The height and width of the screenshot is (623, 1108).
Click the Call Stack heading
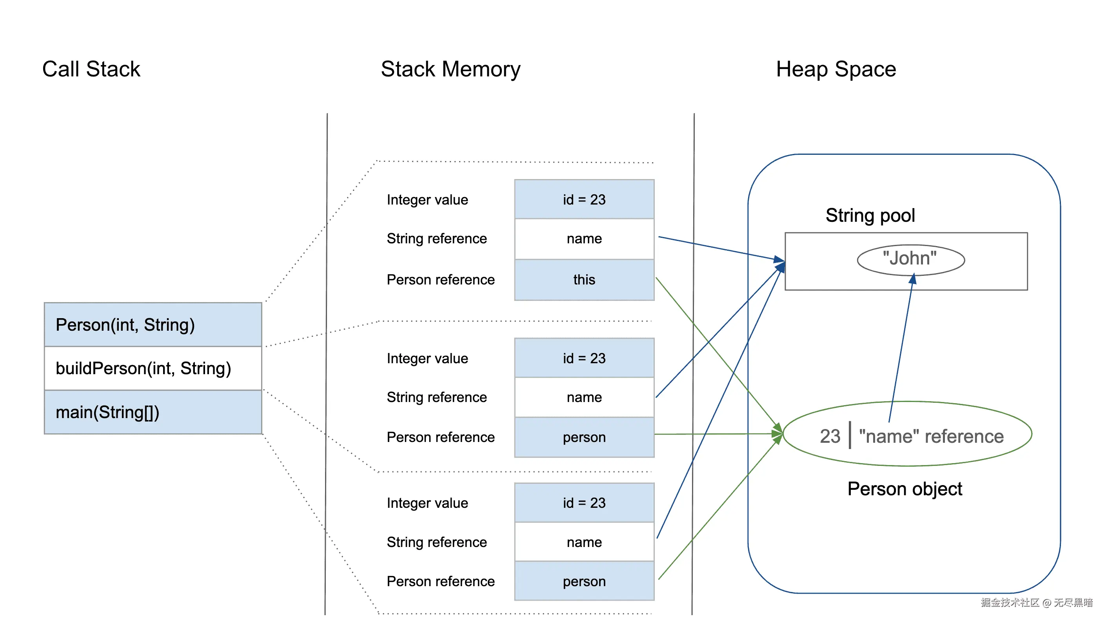91,69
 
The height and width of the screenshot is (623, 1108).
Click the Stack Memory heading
450,69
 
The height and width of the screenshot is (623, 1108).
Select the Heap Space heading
836,69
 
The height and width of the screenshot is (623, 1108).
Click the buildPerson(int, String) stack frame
153,368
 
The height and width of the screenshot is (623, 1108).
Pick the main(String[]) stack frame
153,412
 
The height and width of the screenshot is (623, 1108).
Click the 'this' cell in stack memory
584,280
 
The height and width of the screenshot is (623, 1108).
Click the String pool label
870,216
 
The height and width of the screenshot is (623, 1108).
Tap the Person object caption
904,489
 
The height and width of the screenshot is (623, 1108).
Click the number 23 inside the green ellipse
830,436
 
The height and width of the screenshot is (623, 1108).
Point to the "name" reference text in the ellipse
931,436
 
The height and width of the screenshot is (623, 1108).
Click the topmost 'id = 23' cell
584,199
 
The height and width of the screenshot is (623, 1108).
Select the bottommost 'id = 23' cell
584,503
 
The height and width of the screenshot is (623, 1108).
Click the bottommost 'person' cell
584,581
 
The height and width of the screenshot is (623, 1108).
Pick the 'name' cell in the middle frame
584,397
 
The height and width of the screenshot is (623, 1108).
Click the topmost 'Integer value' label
427,200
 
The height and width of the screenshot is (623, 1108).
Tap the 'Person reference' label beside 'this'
440,280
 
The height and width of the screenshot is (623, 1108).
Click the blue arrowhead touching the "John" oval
912,279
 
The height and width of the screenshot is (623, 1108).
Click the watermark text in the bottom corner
1036,603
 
